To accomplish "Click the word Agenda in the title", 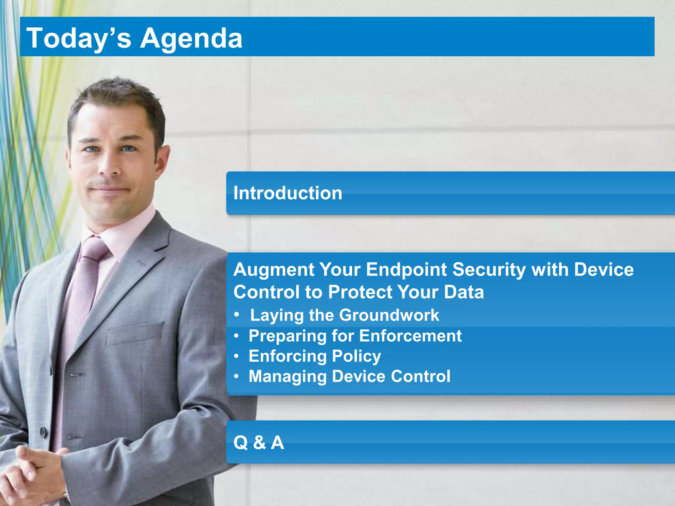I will pyautogui.click(x=191, y=39).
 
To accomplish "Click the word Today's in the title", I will pyautogui.click(x=78, y=38).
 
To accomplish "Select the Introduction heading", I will pyautogui.click(x=287, y=193).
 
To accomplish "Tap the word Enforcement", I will pyautogui.click(x=410, y=336).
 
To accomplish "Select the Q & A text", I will pyautogui.click(x=258, y=442).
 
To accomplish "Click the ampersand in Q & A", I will pyautogui.click(x=259, y=442).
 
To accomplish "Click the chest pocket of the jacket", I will pyautogui.click(x=135, y=333).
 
